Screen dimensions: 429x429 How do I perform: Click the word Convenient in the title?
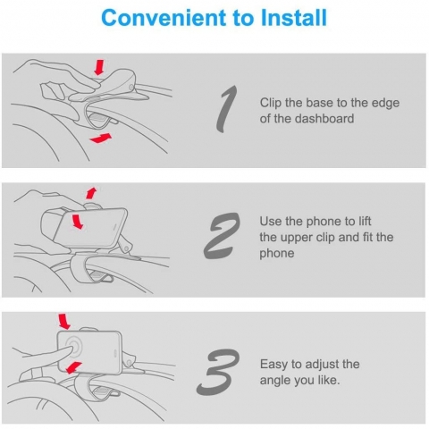tap(164, 18)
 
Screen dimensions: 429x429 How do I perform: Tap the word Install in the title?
tap(293, 18)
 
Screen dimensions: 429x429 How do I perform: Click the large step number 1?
tap(227, 109)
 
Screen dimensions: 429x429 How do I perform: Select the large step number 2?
tap(222, 236)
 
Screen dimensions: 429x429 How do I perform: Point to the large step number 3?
tap(218, 373)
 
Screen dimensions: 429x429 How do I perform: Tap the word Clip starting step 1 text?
tap(271, 103)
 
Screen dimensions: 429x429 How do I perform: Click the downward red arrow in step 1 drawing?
tap(99, 67)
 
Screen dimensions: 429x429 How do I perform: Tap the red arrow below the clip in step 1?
tap(101, 139)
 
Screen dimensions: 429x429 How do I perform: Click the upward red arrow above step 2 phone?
tap(91, 193)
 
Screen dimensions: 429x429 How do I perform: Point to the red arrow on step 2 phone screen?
tap(77, 221)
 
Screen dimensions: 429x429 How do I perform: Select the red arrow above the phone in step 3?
tap(64, 321)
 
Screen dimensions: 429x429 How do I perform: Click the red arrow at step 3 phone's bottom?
tap(73, 367)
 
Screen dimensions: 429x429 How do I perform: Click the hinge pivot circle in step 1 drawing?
tap(131, 87)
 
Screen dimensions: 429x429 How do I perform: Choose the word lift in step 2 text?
tap(365, 222)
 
